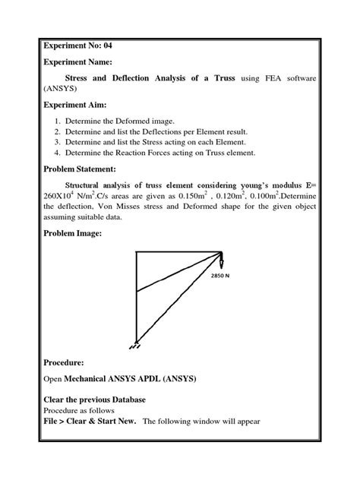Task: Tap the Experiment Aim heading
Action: pos(76,104)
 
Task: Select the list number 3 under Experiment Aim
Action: pos(58,141)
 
